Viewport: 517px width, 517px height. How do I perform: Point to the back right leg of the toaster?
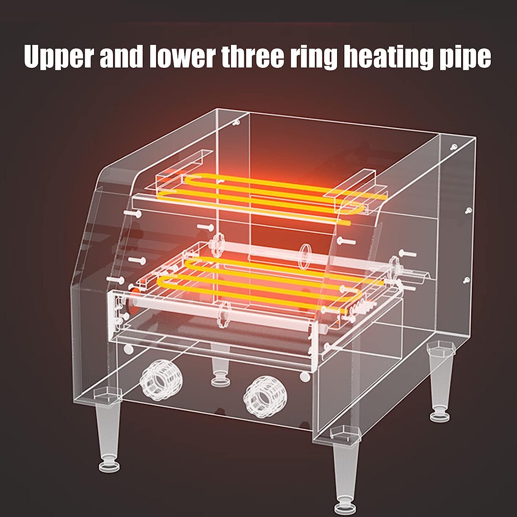coord(439,383)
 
